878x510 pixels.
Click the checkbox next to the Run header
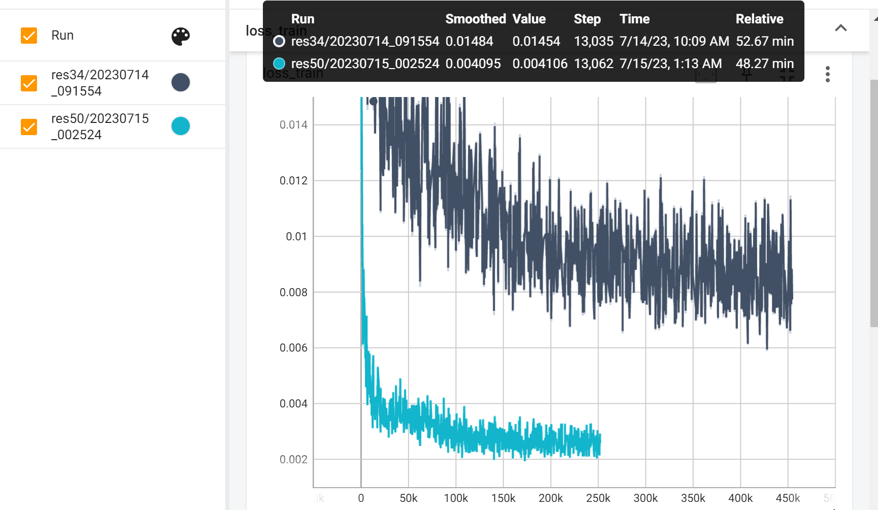[x=29, y=36]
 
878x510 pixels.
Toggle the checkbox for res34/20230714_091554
[x=29, y=83]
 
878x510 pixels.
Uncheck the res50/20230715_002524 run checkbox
[x=29, y=126]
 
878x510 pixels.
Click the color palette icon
[x=180, y=36]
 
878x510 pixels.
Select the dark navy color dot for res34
[x=180, y=82]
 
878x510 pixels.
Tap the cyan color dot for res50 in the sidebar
[x=180, y=126]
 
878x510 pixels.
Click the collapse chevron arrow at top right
[x=840, y=28]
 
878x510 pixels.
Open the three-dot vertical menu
[x=827, y=74]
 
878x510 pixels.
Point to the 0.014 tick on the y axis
[x=293, y=125]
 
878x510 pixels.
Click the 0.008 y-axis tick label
[x=293, y=293]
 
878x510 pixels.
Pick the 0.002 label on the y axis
[x=293, y=460]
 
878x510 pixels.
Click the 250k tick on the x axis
[x=598, y=498]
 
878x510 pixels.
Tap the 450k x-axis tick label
[x=787, y=498]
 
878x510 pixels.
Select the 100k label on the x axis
[x=456, y=498]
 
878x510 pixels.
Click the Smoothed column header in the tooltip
[x=475, y=19]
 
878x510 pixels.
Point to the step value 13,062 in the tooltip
[x=593, y=63]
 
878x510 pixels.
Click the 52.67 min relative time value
[x=764, y=41]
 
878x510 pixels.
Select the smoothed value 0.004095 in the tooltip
[x=473, y=63]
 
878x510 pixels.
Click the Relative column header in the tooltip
[x=759, y=19]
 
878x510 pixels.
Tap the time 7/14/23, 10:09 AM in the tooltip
[x=674, y=41]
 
